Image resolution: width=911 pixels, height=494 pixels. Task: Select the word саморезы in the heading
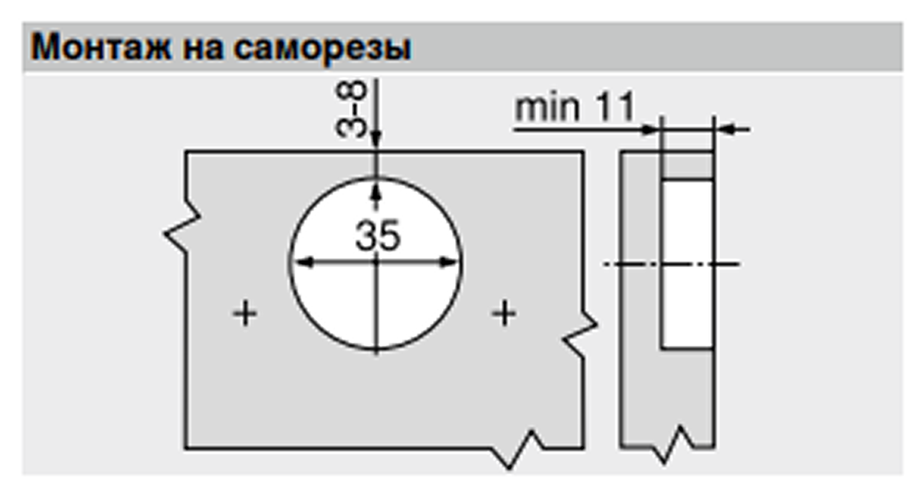click(x=322, y=48)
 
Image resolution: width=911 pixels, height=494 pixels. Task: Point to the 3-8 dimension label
click(x=351, y=109)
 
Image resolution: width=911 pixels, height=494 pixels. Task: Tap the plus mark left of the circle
click(x=246, y=315)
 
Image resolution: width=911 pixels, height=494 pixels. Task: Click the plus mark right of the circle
click(x=504, y=314)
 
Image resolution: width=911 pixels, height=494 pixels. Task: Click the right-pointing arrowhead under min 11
click(x=651, y=129)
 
